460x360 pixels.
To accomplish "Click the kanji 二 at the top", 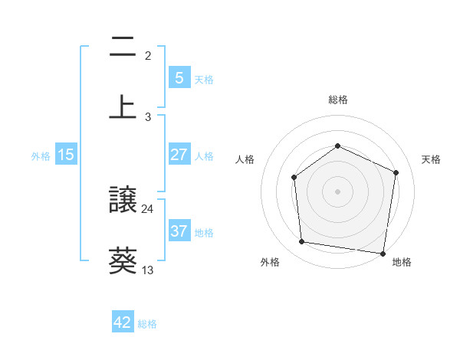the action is (x=123, y=49).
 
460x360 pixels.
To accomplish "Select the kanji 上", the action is (x=123, y=106).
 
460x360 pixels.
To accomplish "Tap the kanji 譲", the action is (x=123, y=201).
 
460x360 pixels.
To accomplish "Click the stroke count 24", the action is (x=148, y=208).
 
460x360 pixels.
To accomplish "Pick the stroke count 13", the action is (x=148, y=270).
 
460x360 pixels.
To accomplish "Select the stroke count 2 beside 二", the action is (x=148, y=56).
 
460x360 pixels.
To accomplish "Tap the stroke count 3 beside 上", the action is (x=148, y=116).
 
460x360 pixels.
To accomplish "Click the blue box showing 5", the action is (x=179, y=77).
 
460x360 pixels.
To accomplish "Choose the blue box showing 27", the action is (x=179, y=155).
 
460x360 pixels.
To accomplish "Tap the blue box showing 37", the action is (x=179, y=231).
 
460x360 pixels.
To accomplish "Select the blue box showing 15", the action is (x=66, y=155).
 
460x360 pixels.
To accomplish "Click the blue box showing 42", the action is (x=123, y=322).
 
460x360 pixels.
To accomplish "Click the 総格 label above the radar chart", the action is (x=337, y=100).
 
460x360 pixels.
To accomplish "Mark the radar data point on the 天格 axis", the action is (x=396, y=172).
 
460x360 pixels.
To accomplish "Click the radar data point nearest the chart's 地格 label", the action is (x=383, y=253).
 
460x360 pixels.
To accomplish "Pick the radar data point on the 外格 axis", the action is (x=302, y=242).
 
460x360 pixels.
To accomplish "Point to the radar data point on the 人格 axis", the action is (x=294, y=178).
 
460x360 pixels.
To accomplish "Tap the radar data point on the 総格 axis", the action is (x=337, y=146).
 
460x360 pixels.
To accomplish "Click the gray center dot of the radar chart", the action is (x=337, y=191).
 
